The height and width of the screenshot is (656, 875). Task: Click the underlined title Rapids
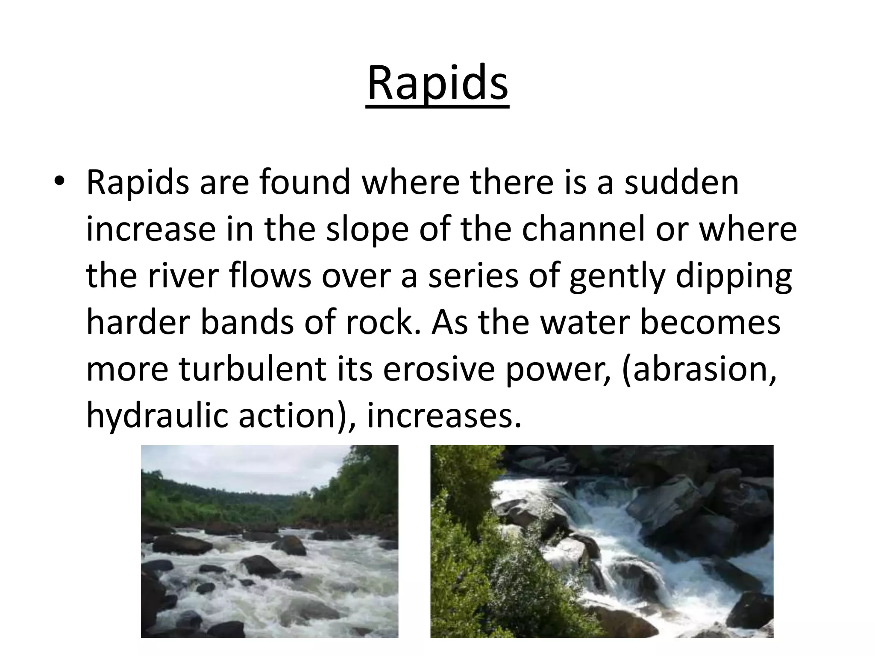[x=437, y=83]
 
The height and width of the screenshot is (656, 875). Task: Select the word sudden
[x=681, y=183]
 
